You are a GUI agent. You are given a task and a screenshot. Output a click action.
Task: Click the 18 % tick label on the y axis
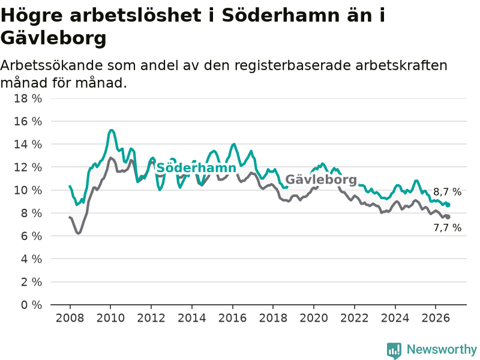pos(28,98)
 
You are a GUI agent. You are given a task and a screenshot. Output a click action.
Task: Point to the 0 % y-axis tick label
pos(31,305)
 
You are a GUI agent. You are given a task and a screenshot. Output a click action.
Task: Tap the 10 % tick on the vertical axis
pos(28,190)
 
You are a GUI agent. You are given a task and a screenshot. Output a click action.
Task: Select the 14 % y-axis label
pos(28,145)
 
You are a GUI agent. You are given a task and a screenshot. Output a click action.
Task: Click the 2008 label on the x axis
pos(70,318)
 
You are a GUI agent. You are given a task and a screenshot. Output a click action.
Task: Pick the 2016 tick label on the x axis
pos(232,318)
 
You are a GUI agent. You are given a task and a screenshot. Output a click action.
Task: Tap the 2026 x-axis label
pos(436,318)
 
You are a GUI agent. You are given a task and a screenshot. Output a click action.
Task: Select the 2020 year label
pos(314,318)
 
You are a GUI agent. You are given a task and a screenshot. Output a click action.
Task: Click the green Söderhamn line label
pos(196,168)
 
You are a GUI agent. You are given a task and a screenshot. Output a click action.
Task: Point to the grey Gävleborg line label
pos(321,179)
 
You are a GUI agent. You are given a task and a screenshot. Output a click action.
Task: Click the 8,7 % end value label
pos(447,192)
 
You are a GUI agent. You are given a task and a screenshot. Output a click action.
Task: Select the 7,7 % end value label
pos(447,228)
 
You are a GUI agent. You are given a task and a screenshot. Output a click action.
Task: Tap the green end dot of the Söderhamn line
pos(448,205)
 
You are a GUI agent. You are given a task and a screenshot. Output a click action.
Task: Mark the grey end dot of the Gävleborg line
pos(448,217)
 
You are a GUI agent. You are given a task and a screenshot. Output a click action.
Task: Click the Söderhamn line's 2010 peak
pos(111,130)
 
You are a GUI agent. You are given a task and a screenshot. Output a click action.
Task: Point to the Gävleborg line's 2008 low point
pos(79,233)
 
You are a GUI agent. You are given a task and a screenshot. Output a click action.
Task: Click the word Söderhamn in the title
pos(280,16)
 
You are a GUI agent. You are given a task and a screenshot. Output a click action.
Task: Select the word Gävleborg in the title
pos(53,38)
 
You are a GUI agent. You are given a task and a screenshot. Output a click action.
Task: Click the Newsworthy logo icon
pos(394,350)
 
